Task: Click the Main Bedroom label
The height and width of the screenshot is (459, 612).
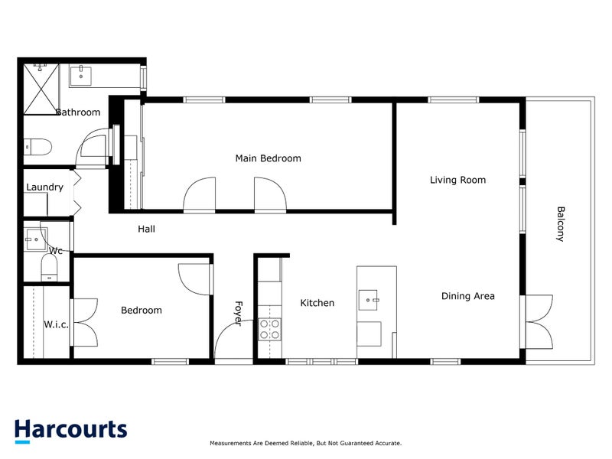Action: (268, 158)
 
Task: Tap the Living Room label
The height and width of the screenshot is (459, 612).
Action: (457, 180)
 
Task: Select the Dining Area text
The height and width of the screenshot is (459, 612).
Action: (467, 296)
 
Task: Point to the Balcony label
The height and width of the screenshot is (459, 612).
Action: (561, 224)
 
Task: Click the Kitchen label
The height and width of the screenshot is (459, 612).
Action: (317, 303)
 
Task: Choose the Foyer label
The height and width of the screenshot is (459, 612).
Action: (237, 312)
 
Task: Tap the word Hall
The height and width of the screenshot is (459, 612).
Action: (147, 228)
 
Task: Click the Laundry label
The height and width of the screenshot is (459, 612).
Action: (44, 187)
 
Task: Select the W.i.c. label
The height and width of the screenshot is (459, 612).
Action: (56, 324)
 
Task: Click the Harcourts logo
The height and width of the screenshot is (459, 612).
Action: (70, 429)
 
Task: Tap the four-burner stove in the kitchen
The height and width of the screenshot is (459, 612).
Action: (269, 329)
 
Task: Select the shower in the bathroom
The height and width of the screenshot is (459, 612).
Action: (43, 87)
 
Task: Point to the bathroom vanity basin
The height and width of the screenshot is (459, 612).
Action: (81, 76)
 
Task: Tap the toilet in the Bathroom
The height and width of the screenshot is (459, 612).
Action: (37, 145)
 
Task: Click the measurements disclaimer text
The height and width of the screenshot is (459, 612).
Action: (305, 443)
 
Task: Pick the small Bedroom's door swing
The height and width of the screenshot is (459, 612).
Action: (194, 276)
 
